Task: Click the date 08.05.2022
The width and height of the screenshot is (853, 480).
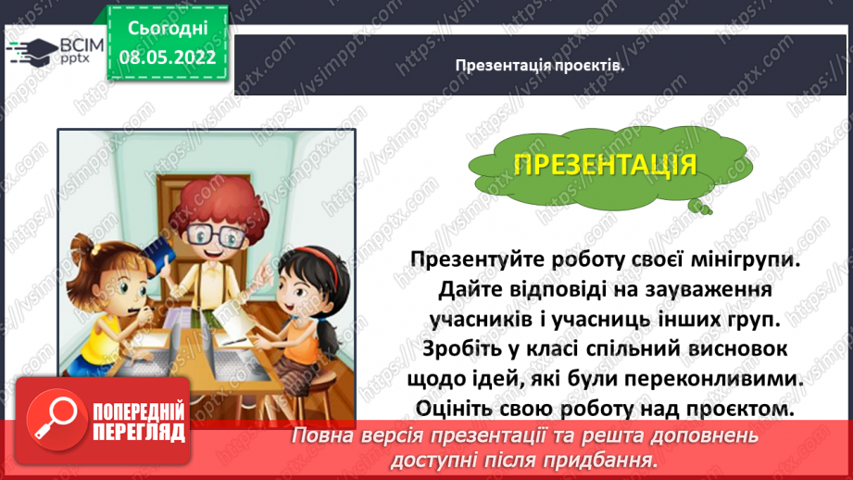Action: [168, 55]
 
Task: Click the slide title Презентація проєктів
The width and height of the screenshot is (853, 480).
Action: [540, 65]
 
